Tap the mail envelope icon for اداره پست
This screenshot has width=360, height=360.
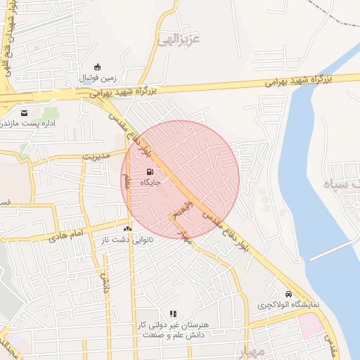[25, 113]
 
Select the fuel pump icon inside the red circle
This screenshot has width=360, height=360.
[149, 172]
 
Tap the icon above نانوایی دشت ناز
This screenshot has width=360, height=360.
[127, 229]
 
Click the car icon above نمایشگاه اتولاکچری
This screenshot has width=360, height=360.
[288, 294]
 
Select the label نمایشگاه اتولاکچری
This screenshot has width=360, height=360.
[288, 306]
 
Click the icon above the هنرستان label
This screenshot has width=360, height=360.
[173, 314]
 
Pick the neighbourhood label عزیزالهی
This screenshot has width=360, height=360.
[179, 37]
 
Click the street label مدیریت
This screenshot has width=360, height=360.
[98, 155]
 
